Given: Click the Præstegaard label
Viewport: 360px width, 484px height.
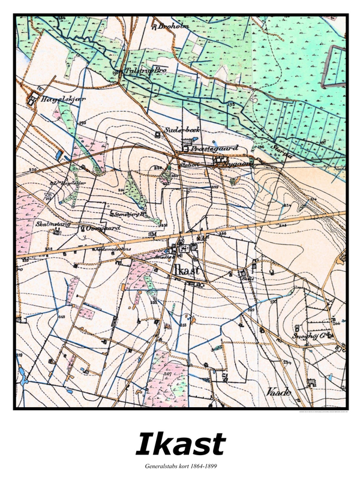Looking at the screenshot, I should (214, 148).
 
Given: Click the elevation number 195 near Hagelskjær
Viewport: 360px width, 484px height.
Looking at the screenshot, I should (82, 123).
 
